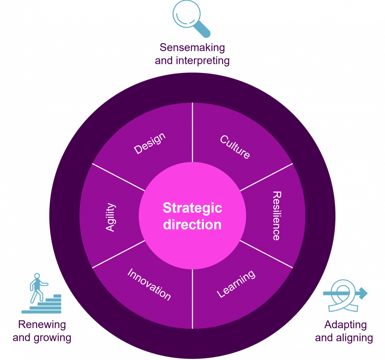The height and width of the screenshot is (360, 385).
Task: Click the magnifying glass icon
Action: point(190,17)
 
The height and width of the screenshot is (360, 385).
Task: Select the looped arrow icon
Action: point(344,295)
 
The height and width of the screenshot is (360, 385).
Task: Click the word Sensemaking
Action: point(192,48)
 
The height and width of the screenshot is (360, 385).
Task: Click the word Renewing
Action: point(42,325)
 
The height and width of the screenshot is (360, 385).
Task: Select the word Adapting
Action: point(345,325)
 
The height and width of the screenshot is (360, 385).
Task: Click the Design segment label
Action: point(150,143)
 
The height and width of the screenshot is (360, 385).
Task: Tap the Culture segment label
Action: point(235,147)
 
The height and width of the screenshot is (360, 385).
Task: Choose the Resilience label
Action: point(276,215)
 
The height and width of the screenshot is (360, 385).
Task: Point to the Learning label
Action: point(236,284)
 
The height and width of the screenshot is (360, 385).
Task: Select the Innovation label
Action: point(149,284)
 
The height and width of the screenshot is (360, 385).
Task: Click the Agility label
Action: point(111,217)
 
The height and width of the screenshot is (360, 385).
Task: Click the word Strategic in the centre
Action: point(192,208)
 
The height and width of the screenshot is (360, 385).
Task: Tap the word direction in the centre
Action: point(192,224)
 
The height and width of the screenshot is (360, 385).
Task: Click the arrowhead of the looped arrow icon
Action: point(363,293)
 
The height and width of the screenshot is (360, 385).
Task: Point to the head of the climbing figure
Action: point(37,276)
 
